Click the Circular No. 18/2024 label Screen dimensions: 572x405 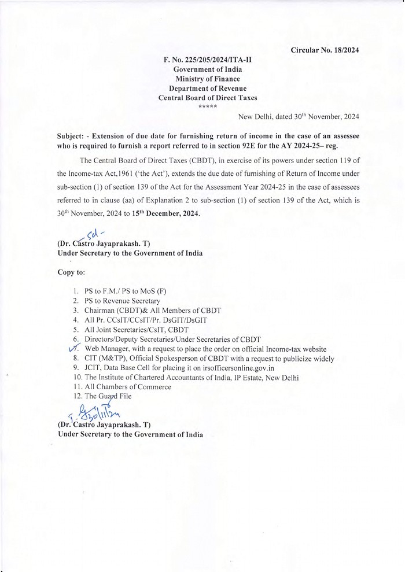tap(325, 50)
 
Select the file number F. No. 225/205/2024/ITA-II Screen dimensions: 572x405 tap(208, 60)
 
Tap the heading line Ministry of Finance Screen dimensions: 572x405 tap(208, 79)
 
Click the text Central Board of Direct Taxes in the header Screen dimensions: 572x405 tap(208, 98)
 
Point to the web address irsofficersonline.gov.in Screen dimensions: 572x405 tap(234, 368)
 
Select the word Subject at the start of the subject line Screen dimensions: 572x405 tap(72, 135)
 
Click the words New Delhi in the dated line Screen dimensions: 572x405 tap(256, 116)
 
